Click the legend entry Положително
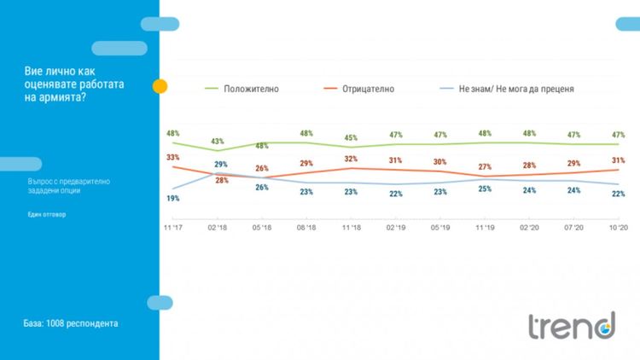tap(251, 89)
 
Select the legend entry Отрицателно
tap(367, 89)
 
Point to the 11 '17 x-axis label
tap(172, 229)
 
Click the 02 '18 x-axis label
tap(217, 229)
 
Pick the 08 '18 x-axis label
tap(305, 229)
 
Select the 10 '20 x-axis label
tap(617, 229)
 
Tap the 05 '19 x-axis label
tap(439, 229)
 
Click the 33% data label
tap(172, 157)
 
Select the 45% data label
tap(350, 138)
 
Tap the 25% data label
tap(484, 189)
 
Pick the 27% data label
tap(484, 166)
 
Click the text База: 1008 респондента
tap(71, 324)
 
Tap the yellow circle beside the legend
tap(160, 87)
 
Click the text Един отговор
tap(45, 214)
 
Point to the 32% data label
tap(350, 159)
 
